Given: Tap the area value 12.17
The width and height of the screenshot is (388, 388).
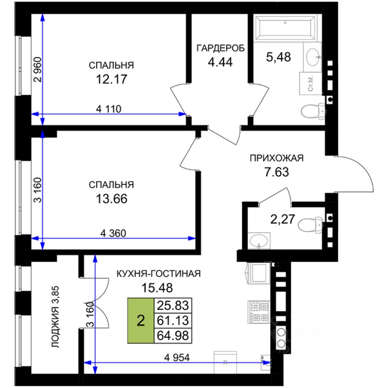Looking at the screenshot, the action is [111, 78].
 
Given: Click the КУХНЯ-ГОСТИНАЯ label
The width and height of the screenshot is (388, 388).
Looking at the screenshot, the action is [158, 274].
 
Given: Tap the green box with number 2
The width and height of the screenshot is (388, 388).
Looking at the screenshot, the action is [141, 321].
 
